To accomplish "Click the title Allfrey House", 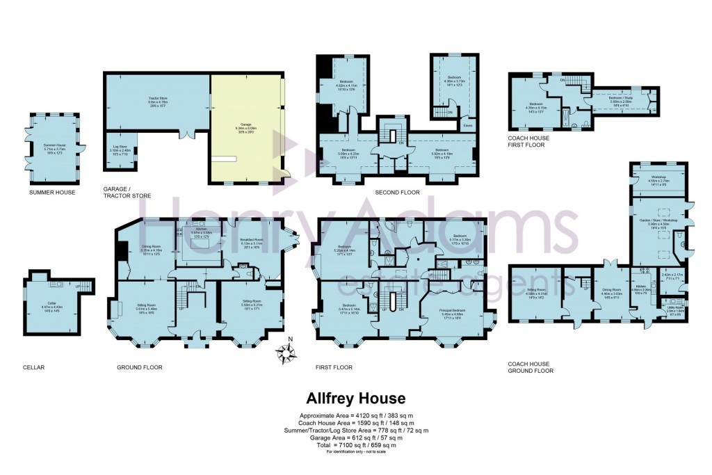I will (355, 398).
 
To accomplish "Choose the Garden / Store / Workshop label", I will (658, 223).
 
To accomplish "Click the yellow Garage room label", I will (247, 127).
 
